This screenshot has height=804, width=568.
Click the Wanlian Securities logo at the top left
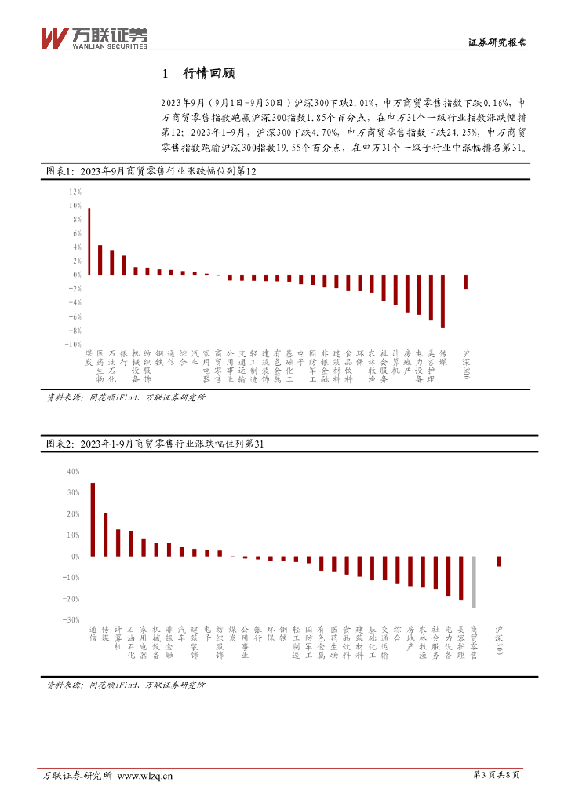93,37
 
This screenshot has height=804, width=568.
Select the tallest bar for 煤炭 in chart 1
89,241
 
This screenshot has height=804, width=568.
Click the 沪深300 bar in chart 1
467,282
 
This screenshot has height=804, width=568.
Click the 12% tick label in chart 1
75,192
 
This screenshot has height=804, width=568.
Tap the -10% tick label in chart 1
73,344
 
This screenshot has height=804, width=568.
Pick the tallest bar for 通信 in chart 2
93,519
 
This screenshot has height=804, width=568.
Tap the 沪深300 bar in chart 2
499,561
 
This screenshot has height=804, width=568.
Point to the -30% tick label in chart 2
73,619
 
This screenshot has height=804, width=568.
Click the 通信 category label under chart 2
93,634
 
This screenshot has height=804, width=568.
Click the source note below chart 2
126,685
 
